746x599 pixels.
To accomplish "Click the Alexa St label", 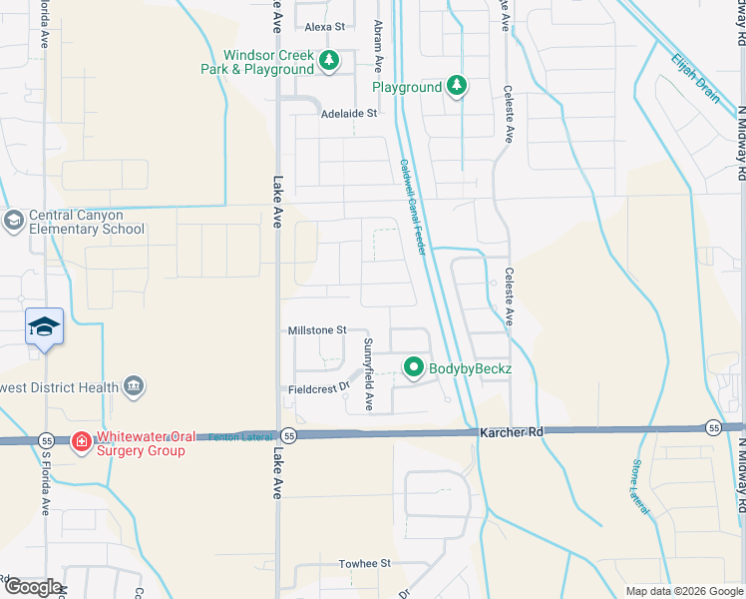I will point(324,26).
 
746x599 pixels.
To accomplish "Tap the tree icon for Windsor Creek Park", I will point(329,63).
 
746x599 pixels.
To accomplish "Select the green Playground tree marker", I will point(456,87).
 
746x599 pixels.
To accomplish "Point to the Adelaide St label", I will point(348,114).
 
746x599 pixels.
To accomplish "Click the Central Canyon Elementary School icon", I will point(13,221).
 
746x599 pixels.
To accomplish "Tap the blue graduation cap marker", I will point(45,327).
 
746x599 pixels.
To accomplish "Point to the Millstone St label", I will point(316,329).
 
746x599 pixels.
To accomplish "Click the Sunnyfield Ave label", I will point(368,375).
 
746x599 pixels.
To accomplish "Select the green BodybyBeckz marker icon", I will point(414,368).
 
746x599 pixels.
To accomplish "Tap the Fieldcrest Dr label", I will point(318,387).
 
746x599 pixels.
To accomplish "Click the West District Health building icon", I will point(134,386).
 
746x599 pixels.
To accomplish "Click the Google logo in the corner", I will point(33,587).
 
